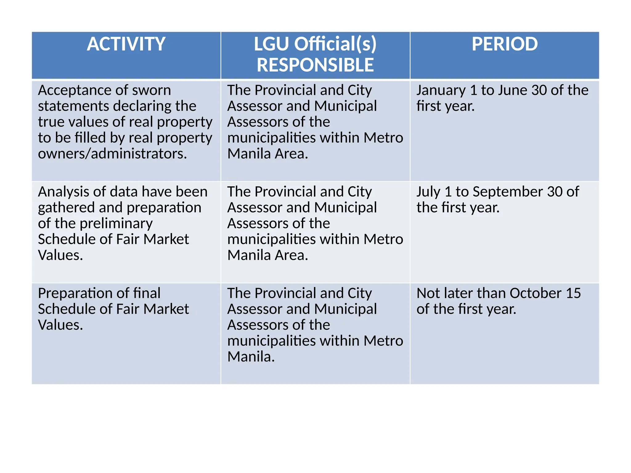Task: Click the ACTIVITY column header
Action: [x=126, y=44]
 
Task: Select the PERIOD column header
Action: [x=504, y=44]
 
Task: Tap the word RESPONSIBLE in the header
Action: [x=315, y=65]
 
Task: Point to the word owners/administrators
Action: [x=112, y=154]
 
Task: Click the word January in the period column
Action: [x=441, y=91]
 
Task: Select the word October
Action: [x=535, y=293]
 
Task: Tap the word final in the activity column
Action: [x=147, y=293]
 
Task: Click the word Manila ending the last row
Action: [x=250, y=357]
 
